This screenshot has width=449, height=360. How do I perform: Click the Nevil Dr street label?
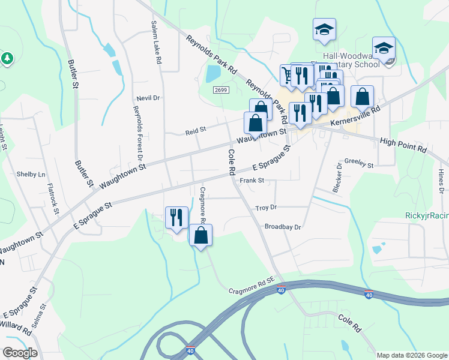148,98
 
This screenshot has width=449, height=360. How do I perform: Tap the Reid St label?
195,129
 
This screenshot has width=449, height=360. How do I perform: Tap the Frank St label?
252,180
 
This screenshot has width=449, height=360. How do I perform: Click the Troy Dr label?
265,208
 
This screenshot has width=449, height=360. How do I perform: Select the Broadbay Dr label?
282,227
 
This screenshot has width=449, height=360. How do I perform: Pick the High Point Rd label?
403,145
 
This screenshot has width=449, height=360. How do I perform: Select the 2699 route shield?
220,90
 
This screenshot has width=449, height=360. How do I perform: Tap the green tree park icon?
7,58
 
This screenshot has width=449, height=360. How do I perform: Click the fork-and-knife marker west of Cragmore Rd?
176,217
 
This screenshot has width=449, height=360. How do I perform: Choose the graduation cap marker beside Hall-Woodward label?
384,47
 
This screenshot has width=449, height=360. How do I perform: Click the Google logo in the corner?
20,353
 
